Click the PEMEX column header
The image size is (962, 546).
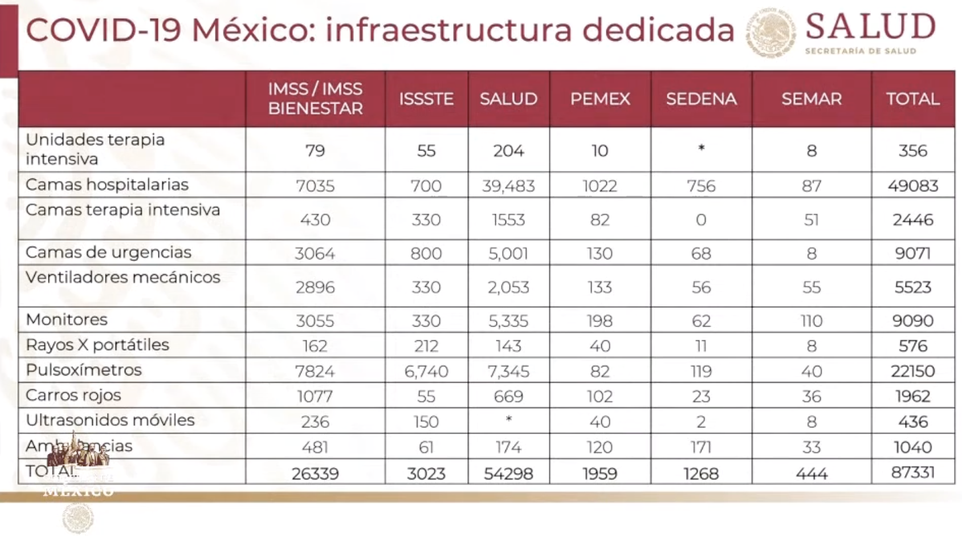600,99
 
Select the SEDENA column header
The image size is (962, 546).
701,99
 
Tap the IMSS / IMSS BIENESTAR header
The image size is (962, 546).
315,99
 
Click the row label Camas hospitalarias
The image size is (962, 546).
107,185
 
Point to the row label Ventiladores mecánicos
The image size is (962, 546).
123,277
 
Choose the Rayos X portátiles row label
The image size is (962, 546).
97,345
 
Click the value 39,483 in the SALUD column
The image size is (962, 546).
508,186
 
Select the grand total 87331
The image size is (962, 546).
912,472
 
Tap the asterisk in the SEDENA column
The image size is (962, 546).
702,148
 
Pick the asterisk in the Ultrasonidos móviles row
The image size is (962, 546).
509,419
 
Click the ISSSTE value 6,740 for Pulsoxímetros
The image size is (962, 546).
426,371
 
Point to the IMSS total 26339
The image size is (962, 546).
315,473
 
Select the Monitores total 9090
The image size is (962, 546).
912,320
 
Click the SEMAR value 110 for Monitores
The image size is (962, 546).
812,320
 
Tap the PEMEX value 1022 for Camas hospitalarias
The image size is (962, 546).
600,186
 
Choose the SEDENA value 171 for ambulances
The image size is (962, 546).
701,447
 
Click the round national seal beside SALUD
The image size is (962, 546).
771,32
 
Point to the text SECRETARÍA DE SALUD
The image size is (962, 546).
860,51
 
